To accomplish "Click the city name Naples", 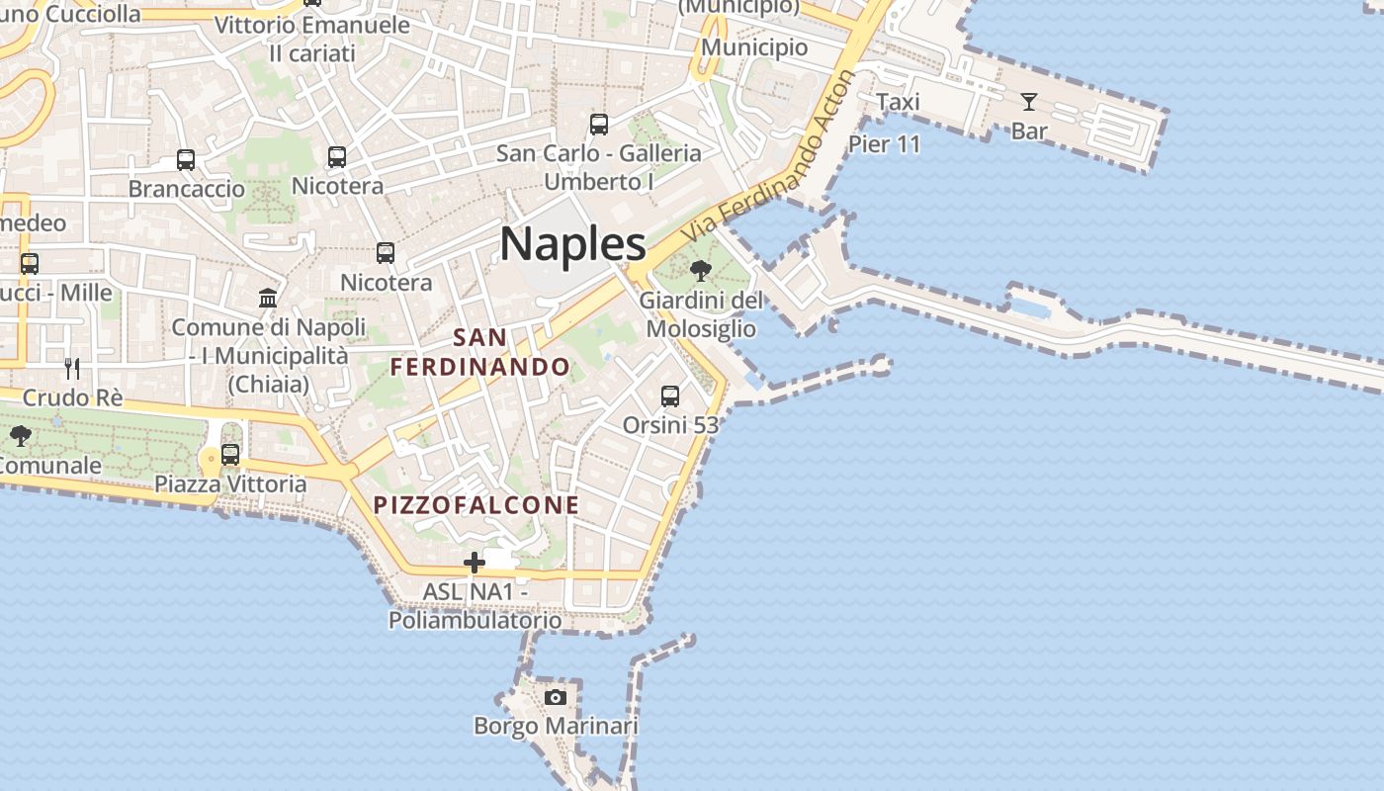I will point(572,244).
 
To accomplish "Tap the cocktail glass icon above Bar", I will point(1028,101).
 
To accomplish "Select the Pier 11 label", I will point(884,144).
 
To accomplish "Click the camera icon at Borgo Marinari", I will point(556,697).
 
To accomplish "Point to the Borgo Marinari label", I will point(556,727).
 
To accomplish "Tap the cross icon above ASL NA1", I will point(475,563).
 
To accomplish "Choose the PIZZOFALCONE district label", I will point(476,505).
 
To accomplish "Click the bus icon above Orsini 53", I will point(670,396).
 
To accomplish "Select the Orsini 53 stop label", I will point(670,425).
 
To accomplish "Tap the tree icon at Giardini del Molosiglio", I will point(701,270).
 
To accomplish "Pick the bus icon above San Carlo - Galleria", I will point(599,125).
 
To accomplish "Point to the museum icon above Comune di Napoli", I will point(268,298).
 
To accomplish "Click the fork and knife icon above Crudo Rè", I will point(72,369).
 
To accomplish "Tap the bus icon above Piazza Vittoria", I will point(230,455).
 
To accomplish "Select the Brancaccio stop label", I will point(187,189).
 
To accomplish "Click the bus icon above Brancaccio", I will point(186,159).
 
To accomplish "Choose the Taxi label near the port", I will point(898,102).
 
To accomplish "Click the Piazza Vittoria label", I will point(230,484).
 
